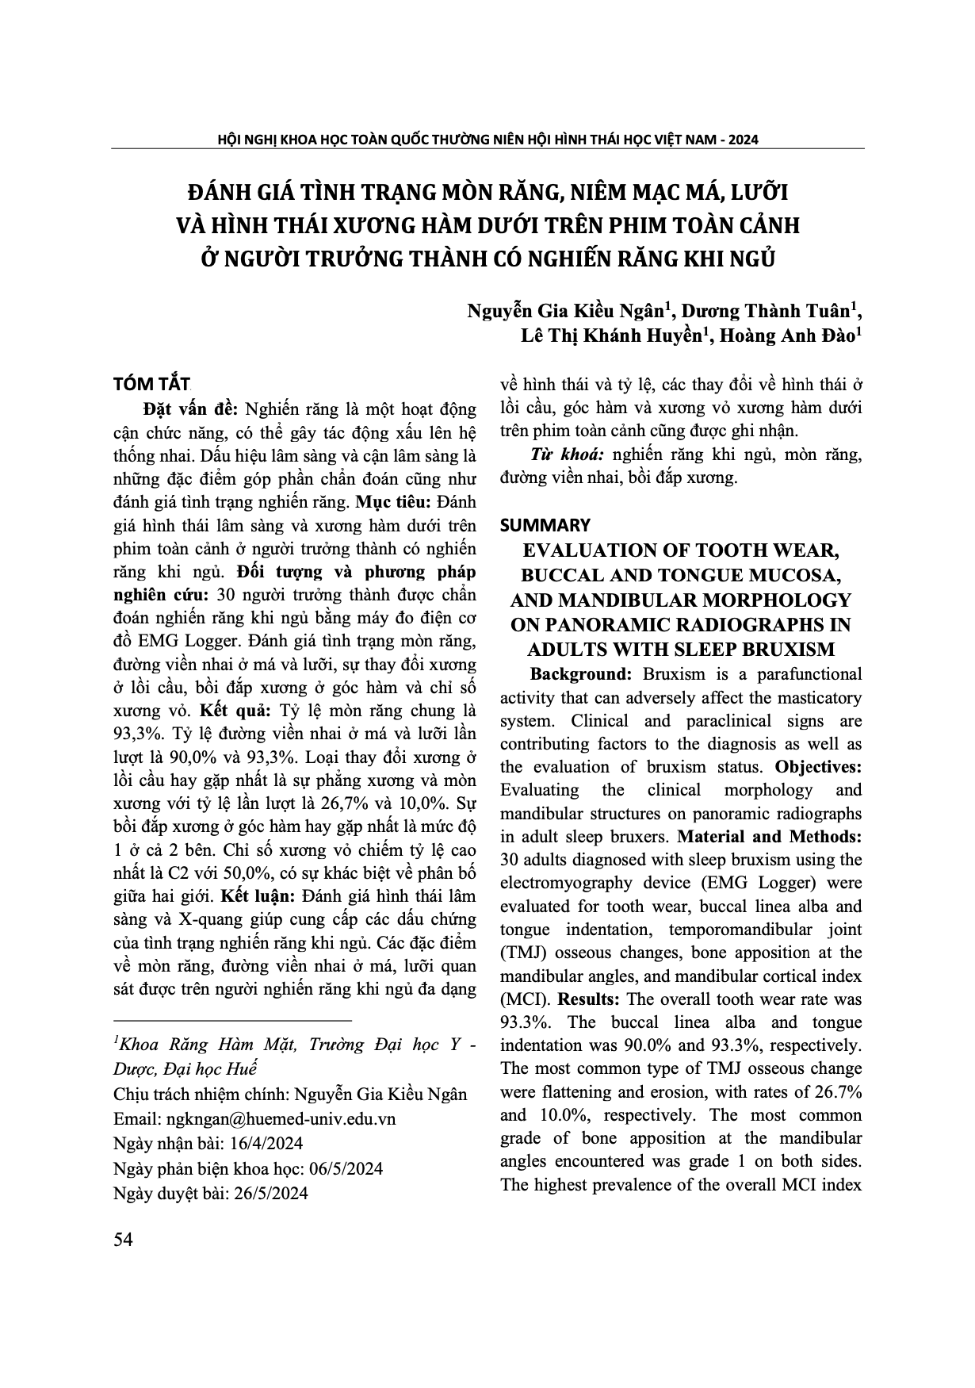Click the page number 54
123,1240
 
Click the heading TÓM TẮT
151,384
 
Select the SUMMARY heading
545,525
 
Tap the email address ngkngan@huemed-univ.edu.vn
281,1118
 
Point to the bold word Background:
581,674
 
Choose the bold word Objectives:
817,767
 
